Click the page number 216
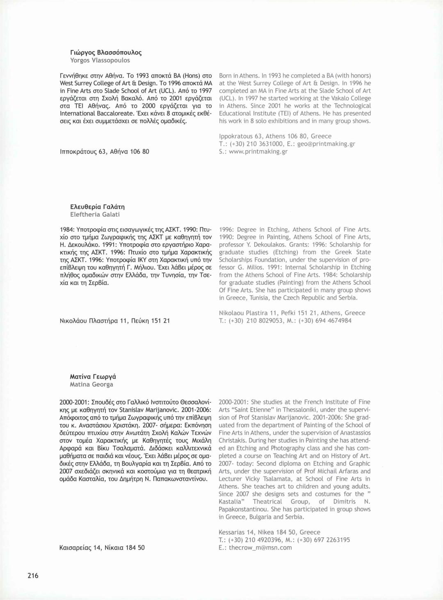point(33,575)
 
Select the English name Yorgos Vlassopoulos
point(100,60)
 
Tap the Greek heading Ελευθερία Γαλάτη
point(97,206)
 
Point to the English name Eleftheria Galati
point(95,214)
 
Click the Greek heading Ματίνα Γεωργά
point(93,376)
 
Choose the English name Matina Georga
point(91,384)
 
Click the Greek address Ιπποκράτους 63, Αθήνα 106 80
point(104,151)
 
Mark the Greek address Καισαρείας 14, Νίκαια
point(102,547)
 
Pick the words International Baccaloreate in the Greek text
point(97,113)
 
